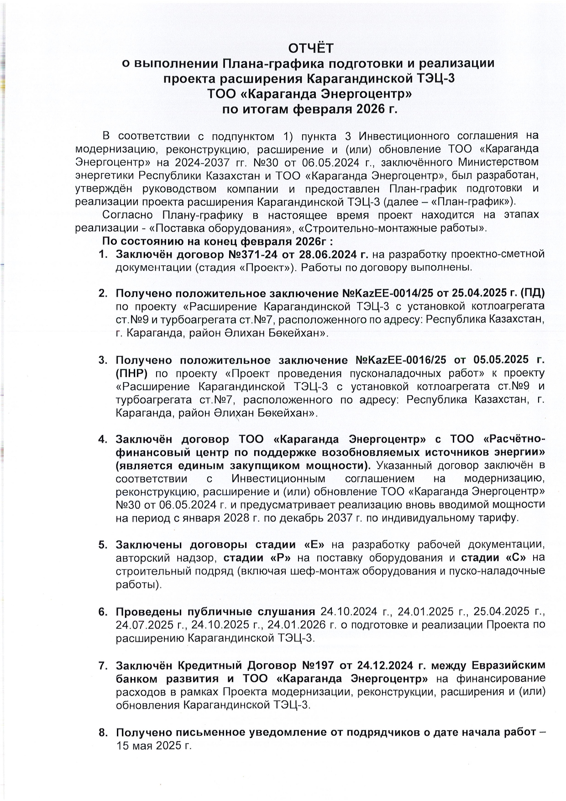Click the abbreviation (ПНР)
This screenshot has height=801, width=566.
tap(131, 373)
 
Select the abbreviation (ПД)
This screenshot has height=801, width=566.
tap(533, 293)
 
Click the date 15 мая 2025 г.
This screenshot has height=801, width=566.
tap(153, 746)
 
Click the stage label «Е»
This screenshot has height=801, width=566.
tap(314, 544)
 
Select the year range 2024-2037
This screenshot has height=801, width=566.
tap(195, 162)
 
